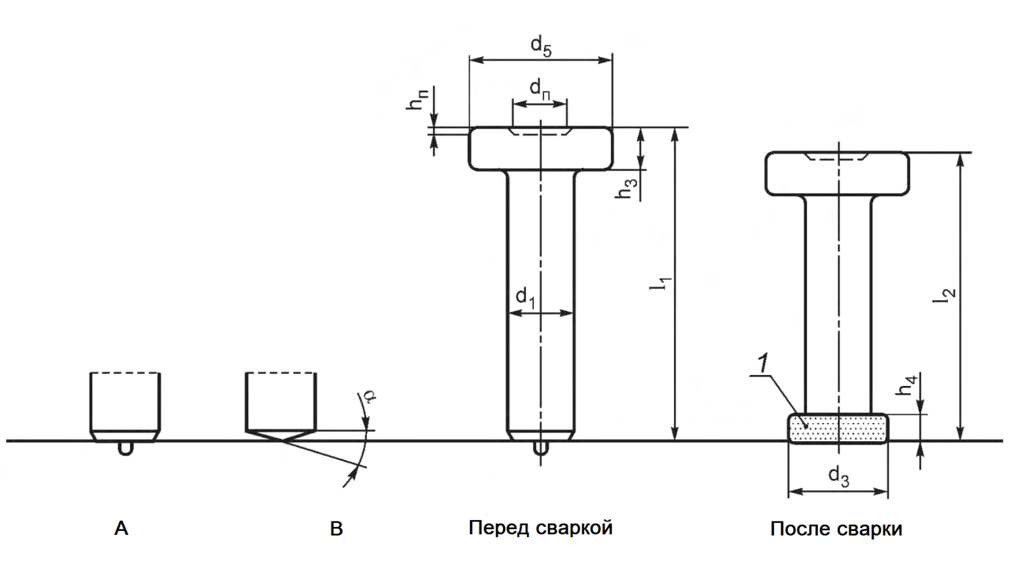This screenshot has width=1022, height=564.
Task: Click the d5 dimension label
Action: (541, 47)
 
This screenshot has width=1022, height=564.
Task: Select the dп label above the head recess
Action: (539, 88)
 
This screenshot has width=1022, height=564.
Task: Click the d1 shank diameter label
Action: (525, 298)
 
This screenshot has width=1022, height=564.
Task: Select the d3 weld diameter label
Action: (838, 476)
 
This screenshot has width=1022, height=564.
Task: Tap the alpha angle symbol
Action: (369, 396)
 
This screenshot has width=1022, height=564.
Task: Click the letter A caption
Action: (121, 528)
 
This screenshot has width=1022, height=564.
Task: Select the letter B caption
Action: (336, 528)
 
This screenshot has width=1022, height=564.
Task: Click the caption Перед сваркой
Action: (541, 527)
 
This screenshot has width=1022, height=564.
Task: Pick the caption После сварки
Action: (836, 529)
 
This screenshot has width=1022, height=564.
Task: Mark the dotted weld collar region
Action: (838, 429)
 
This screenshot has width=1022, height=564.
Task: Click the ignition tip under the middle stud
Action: (540, 448)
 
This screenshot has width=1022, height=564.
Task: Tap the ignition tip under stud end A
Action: (125, 448)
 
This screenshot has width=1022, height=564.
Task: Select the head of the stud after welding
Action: (837, 174)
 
